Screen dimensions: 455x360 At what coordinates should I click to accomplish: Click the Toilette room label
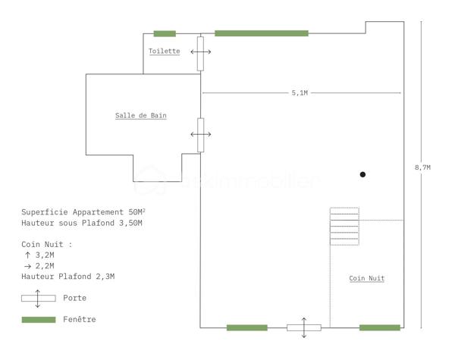tap(165, 51)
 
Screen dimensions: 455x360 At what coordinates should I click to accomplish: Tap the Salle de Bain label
tap(141, 115)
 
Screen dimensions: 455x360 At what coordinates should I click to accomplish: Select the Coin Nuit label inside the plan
tap(366, 278)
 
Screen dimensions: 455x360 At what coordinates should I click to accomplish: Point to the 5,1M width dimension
tap(300, 92)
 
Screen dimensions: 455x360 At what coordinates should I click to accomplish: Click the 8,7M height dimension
tap(423, 167)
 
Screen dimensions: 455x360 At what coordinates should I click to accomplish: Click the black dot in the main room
tap(362, 174)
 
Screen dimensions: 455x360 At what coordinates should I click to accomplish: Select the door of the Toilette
tap(200, 54)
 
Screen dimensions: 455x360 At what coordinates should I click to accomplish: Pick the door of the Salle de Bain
tap(200, 135)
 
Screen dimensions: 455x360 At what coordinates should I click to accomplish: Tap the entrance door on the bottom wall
tap(304, 327)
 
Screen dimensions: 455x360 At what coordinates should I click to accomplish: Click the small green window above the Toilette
tap(165, 33)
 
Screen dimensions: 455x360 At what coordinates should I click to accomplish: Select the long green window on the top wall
tap(262, 33)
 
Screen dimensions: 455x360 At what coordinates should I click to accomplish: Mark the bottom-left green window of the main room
tap(247, 327)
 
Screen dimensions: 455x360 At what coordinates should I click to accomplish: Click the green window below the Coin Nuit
tap(380, 327)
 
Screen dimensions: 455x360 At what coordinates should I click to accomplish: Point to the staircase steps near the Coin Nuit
tap(344, 227)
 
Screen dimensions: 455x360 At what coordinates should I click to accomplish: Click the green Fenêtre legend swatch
tap(39, 320)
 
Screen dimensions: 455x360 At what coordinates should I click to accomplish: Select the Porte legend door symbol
tap(39, 298)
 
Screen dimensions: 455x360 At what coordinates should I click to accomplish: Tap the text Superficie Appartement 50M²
tap(83, 212)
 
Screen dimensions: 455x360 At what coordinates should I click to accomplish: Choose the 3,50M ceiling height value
tap(130, 223)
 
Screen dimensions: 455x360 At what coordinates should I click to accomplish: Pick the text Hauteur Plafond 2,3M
tap(68, 277)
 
